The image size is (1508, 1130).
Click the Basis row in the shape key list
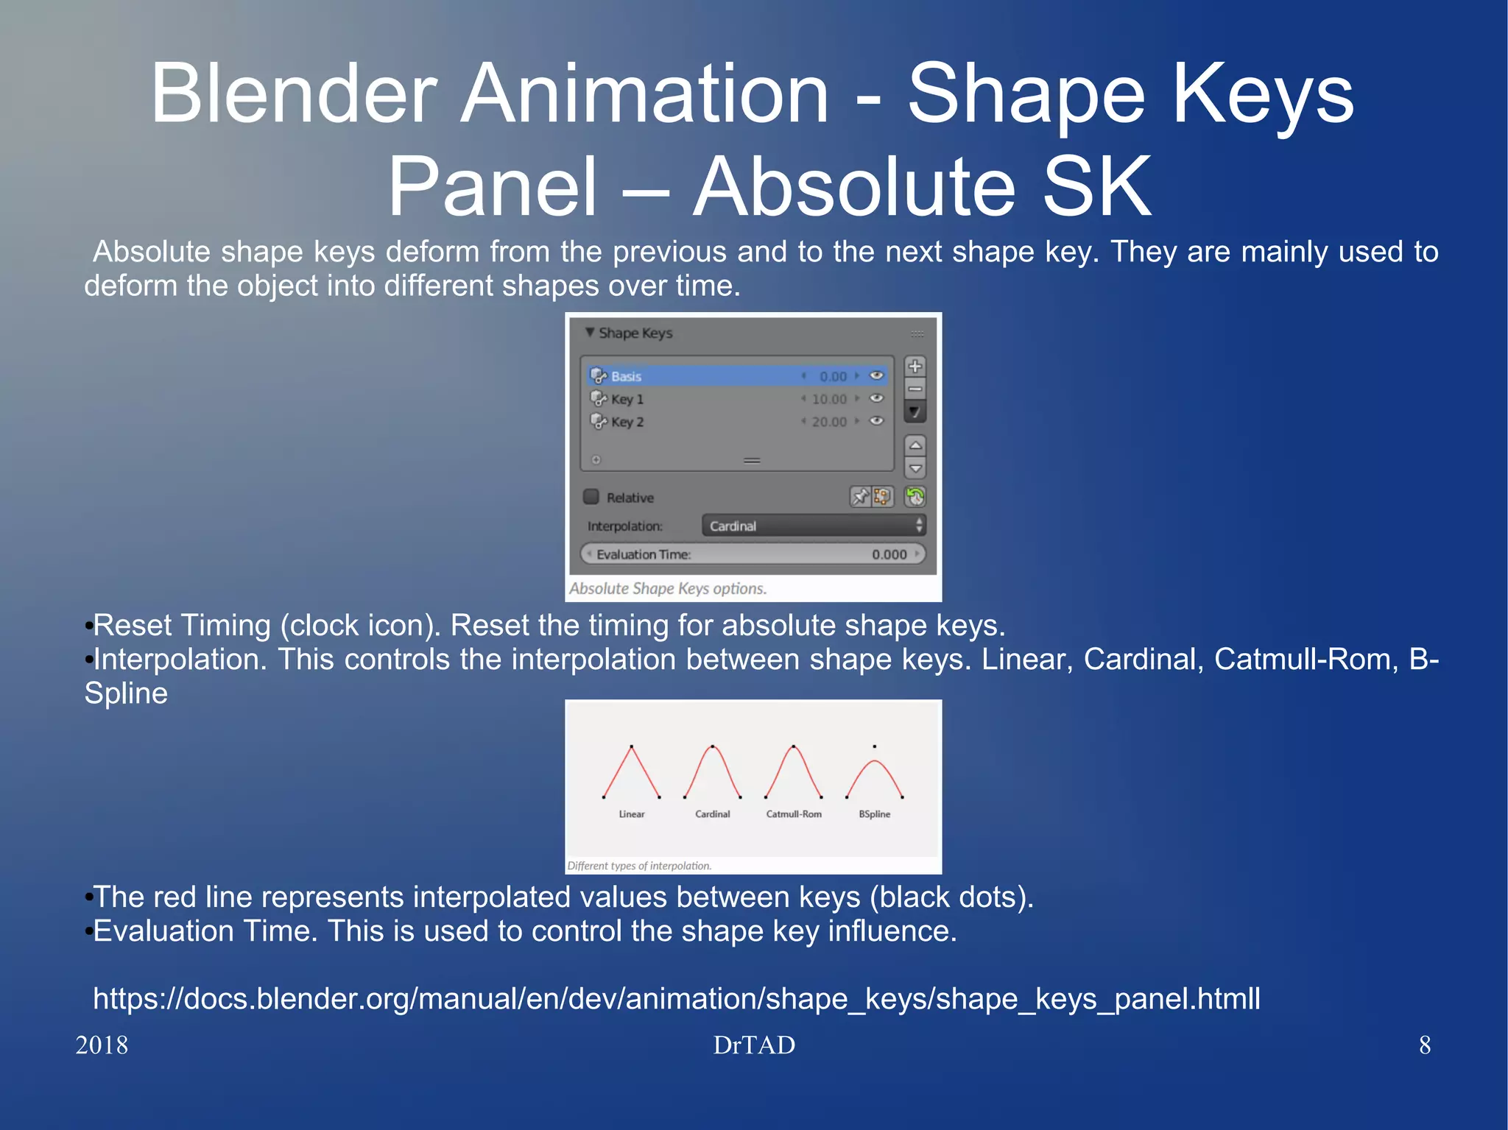[707, 376]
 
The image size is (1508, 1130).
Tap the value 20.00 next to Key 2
[829, 422]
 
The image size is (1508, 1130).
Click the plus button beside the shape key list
[915, 366]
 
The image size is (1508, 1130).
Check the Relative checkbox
[591, 497]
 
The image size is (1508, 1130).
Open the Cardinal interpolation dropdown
[813, 526]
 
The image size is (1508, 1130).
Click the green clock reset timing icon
[915, 497]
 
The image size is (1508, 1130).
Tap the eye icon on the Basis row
[876, 376]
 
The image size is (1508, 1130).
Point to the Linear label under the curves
[631, 814]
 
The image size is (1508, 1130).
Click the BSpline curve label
[874, 814]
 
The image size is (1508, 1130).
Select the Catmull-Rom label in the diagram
[793, 814]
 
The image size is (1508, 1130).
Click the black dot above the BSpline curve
[874, 746]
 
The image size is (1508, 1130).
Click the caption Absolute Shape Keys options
[667, 589]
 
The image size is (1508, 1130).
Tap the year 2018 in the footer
[102, 1045]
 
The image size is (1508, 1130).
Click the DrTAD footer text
[753, 1045]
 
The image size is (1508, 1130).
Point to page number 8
[1425, 1045]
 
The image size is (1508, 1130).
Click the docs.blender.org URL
[676, 999]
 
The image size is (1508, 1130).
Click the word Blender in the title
[295, 94]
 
